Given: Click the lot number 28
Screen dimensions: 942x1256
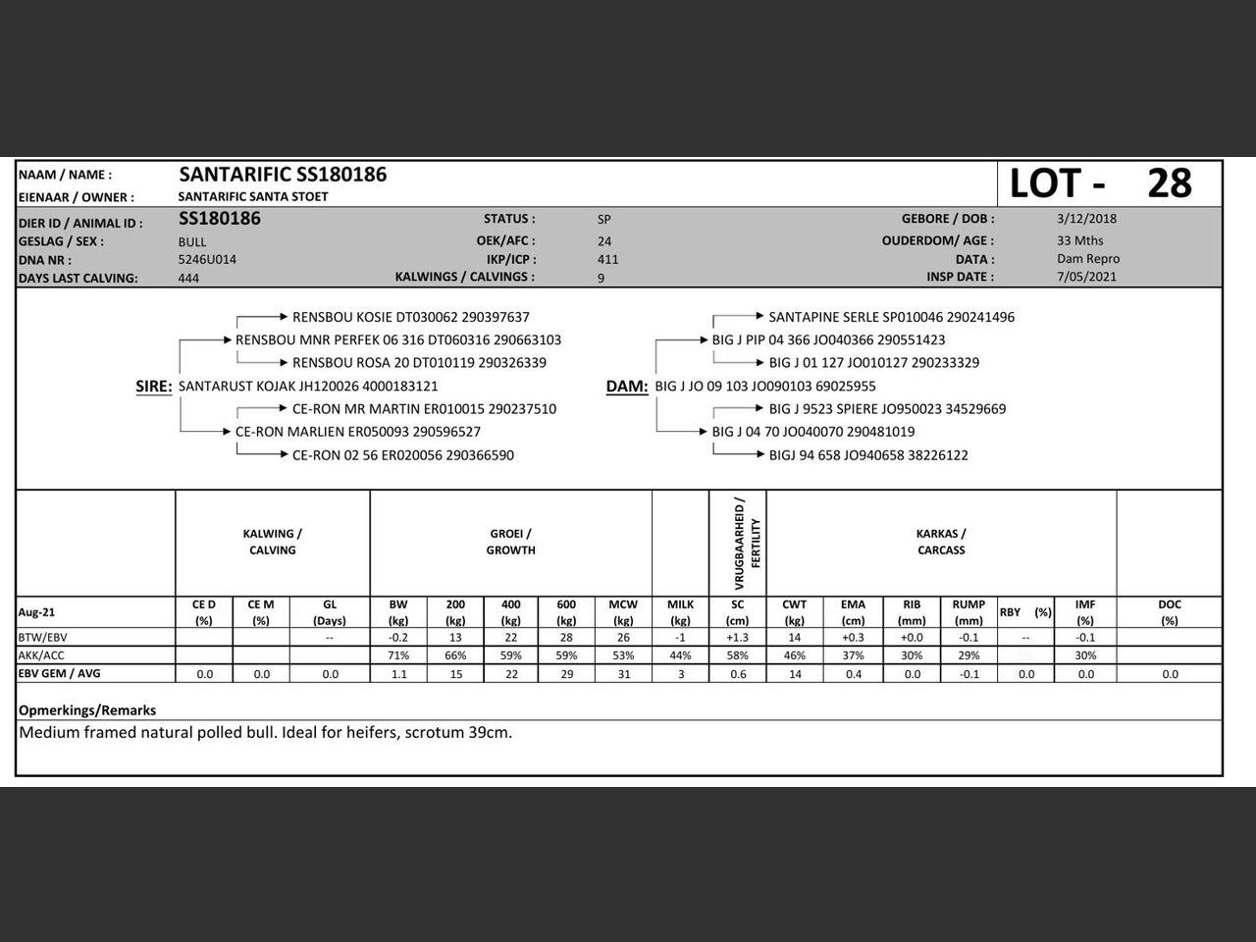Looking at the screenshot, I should [1169, 183].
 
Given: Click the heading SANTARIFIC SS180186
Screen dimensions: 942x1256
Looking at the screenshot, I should [283, 175].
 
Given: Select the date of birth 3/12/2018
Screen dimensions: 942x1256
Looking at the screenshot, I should [1086, 219].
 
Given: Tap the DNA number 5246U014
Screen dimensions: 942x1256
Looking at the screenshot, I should [207, 260].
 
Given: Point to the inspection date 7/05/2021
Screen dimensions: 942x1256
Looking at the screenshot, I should [1086, 277].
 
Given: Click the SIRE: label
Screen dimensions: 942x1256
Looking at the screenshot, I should [154, 387].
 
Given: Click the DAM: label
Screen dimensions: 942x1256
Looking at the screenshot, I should [627, 387].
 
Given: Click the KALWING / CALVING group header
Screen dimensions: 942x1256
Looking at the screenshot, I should [272, 542].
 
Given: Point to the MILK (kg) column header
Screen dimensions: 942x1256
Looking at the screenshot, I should [680, 612].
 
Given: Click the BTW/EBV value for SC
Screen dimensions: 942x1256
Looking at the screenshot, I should [737, 638].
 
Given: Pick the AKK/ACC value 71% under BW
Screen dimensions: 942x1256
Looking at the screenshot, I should [398, 655].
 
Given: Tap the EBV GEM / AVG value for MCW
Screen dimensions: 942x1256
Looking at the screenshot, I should [623, 674].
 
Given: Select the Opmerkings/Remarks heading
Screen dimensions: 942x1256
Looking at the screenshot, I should [87, 710].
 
